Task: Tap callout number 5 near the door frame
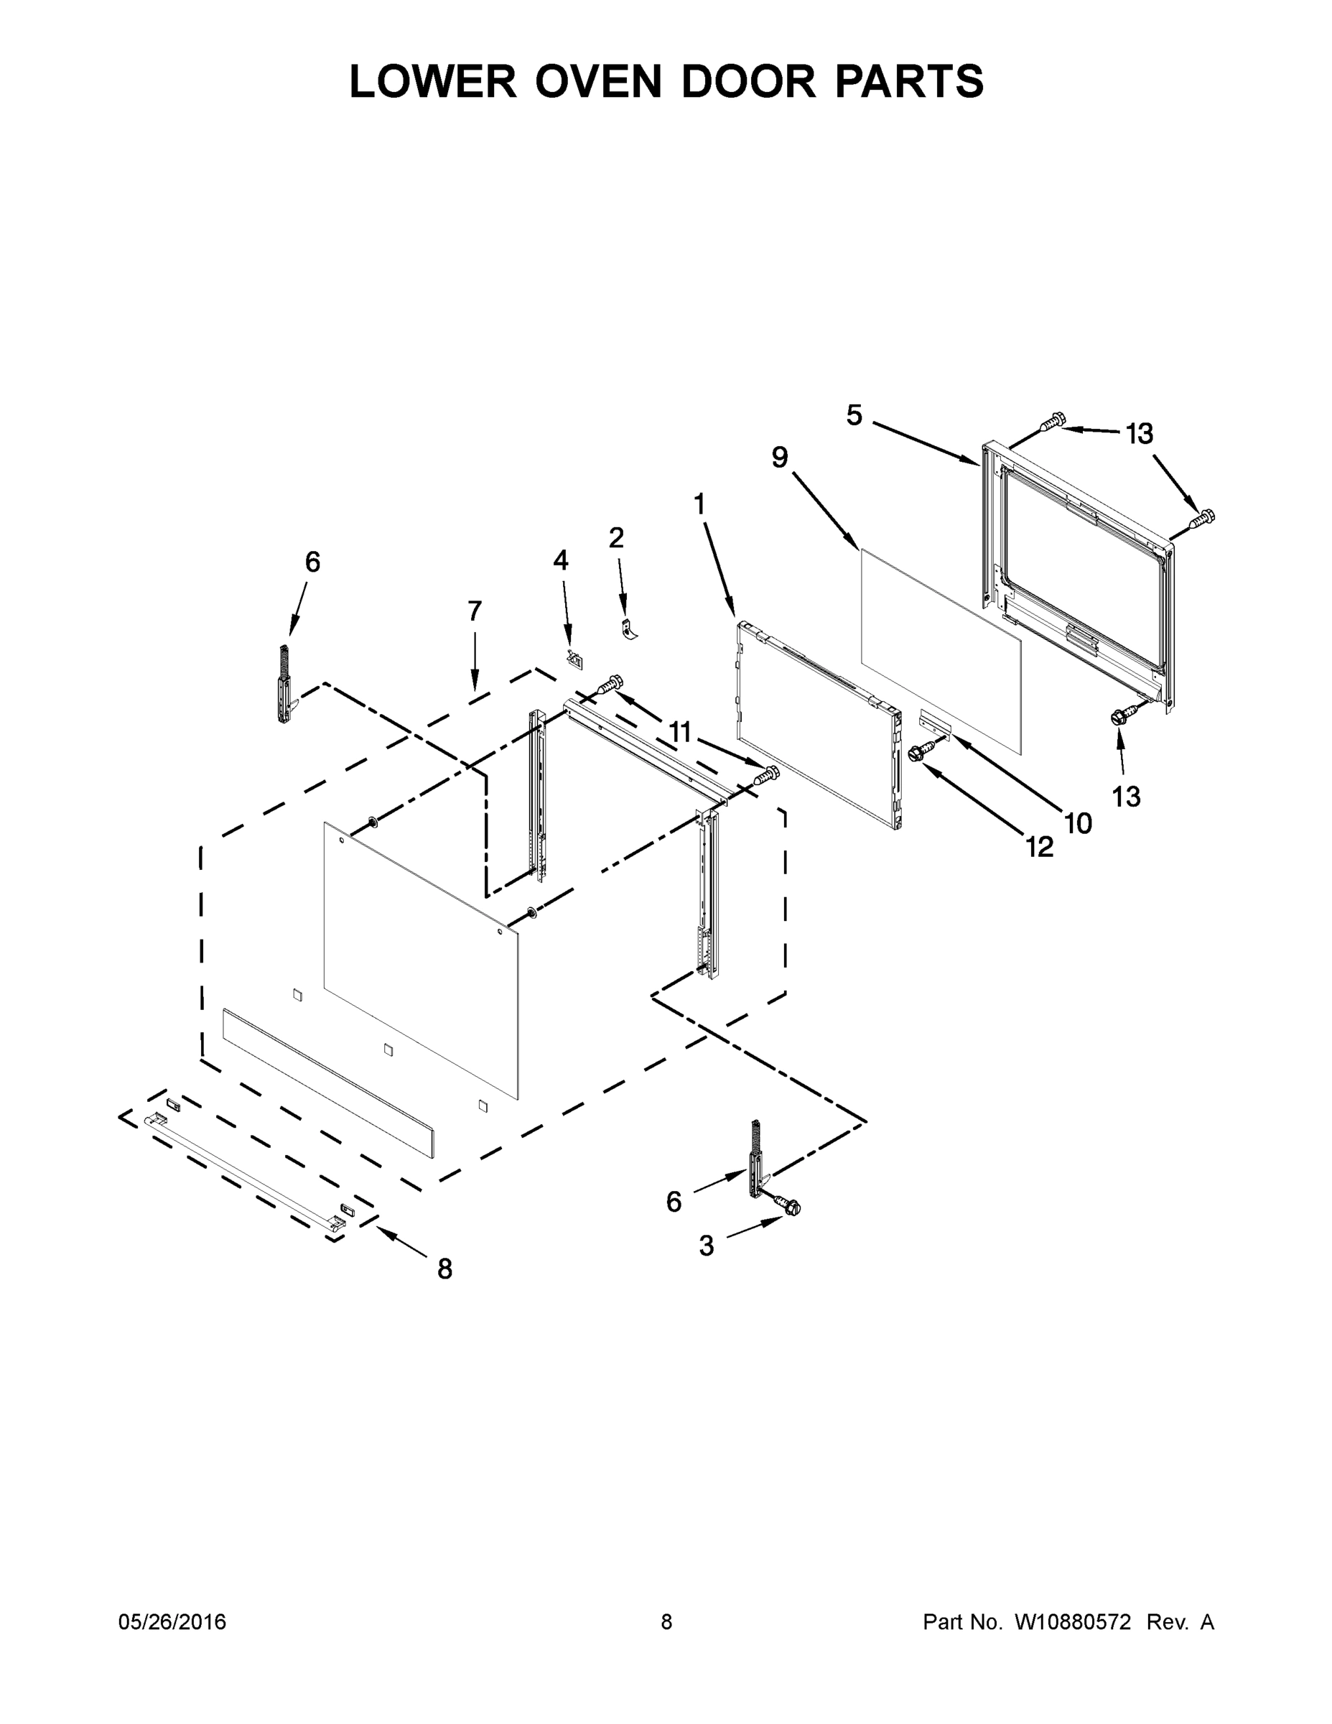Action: point(854,415)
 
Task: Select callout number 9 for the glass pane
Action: point(780,457)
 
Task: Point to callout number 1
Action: point(699,504)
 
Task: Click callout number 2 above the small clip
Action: point(616,537)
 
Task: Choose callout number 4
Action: point(560,560)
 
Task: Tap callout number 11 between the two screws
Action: point(679,733)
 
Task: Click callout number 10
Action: point(1078,823)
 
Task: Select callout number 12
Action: point(1040,847)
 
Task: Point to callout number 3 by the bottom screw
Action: point(707,1246)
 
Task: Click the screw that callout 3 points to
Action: point(789,1206)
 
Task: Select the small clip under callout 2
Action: point(629,630)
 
